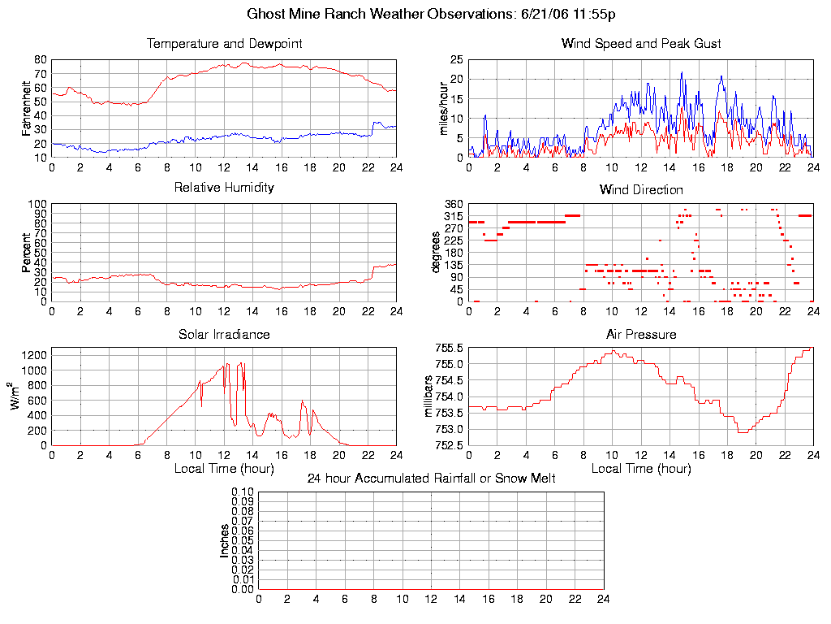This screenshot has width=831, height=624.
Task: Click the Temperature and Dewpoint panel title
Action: pos(224,43)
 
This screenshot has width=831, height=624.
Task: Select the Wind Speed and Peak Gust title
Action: pos(641,43)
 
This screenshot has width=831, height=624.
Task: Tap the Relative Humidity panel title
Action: pos(224,188)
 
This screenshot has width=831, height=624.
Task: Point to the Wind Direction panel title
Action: pos(641,189)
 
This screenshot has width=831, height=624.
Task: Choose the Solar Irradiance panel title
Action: pos(224,334)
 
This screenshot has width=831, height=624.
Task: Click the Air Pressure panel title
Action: pos(641,334)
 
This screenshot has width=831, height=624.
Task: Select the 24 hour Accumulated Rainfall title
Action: pos(431,479)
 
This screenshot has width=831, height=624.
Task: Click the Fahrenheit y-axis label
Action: pos(27,108)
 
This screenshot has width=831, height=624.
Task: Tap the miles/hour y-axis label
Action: pos(444,108)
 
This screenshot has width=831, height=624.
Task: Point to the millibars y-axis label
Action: pos(429,396)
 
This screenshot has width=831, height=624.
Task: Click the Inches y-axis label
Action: pos(225,540)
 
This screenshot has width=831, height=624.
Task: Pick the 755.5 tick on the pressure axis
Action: pos(449,348)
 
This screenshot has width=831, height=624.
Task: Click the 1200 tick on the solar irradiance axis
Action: pos(34,355)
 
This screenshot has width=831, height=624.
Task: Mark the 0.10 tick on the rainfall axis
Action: pos(243,492)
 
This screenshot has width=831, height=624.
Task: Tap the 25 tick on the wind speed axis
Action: pos(457,59)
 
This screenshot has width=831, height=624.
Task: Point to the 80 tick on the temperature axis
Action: pos(40,59)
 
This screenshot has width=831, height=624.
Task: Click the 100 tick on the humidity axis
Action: pos(37,204)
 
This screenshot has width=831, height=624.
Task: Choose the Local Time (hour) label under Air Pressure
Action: pos(641,468)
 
